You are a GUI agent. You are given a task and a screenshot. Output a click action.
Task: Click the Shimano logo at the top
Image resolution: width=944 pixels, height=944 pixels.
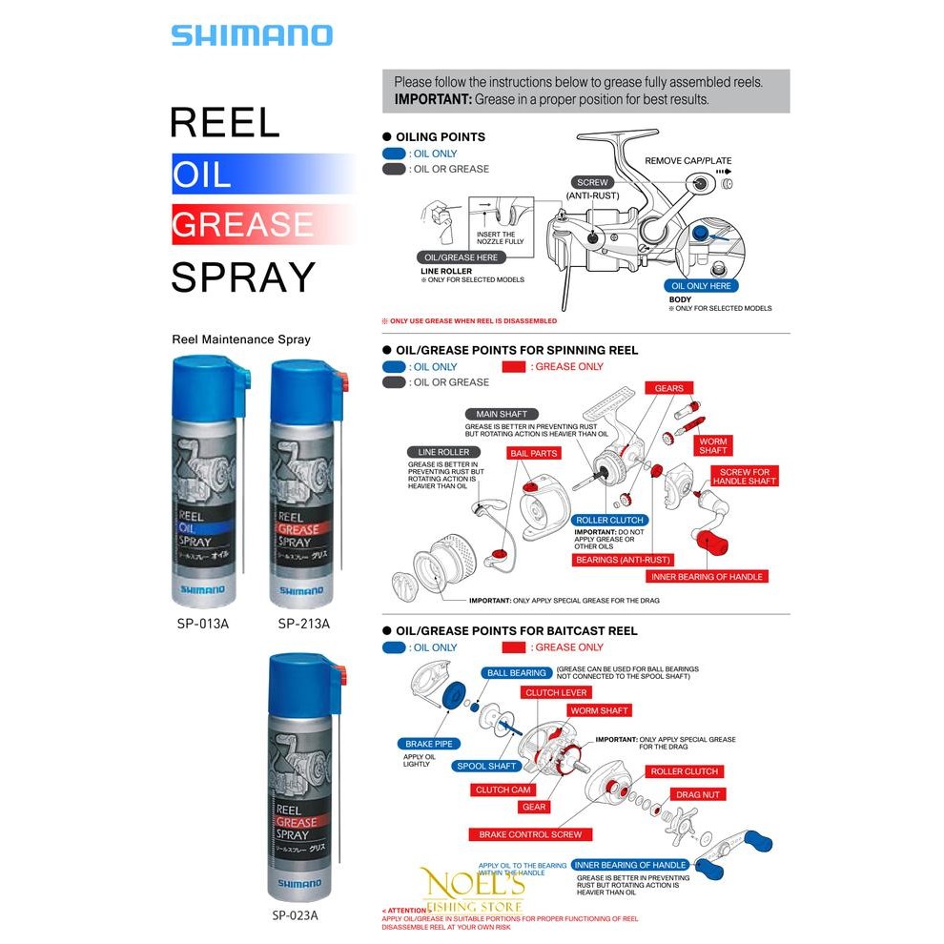tap(252, 35)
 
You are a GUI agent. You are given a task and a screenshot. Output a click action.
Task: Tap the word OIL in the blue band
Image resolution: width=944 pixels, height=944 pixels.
tap(201, 174)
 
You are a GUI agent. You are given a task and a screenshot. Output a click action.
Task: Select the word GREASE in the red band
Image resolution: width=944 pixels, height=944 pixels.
tap(242, 224)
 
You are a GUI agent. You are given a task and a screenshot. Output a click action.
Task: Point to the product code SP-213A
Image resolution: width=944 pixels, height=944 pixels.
tap(303, 624)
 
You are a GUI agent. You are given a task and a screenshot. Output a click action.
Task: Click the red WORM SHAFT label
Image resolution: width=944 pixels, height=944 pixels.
tap(599, 710)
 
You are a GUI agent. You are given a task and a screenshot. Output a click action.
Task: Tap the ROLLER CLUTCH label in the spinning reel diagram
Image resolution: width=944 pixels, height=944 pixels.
tap(609, 521)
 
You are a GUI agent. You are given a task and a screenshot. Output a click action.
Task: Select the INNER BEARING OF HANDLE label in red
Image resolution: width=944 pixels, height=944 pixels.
tap(708, 576)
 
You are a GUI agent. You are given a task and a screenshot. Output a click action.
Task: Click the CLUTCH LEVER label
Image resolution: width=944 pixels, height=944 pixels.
tap(557, 692)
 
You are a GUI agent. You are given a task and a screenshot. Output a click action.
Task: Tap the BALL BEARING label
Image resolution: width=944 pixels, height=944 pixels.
tap(516, 672)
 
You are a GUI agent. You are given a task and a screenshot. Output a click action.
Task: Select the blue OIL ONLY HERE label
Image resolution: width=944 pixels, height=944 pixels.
tap(701, 286)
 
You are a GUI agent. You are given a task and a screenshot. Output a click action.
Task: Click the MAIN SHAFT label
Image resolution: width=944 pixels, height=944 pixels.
tap(503, 415)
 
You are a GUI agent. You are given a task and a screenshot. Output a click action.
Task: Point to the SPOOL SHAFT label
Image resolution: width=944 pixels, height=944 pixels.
tap(486, 766)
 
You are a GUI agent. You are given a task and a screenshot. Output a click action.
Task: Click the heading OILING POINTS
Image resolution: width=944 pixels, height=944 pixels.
tap(440, 137)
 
